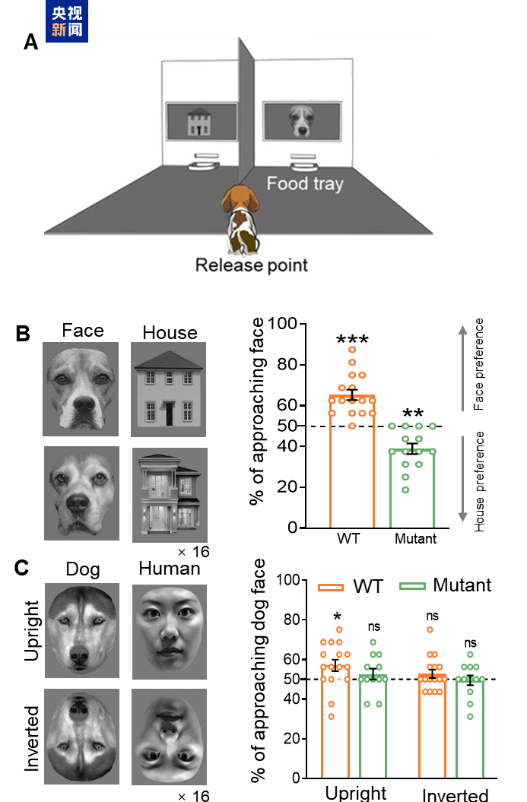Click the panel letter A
[x=30, y=42]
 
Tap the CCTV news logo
[x=67, y=21]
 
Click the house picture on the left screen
[x=199, y=121]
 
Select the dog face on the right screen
[x=301, y=121]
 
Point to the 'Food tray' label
[x=305, y=183]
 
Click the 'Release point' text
[x=252, y=265]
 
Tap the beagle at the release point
[x=240, y=219]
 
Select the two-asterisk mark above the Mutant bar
[x=413, y=414]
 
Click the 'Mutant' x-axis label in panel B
[x=415, y=538]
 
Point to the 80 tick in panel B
[x=287, y=364]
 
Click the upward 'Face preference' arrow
[x=462, y=367]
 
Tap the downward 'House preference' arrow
[x=462, y=479]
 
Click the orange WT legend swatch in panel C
[x=331, y=587]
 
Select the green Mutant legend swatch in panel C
[x=412, y=586]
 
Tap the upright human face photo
[x=170, y=632]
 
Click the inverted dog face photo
[x=82, y=737]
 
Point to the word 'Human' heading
[x=170, y=569]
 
